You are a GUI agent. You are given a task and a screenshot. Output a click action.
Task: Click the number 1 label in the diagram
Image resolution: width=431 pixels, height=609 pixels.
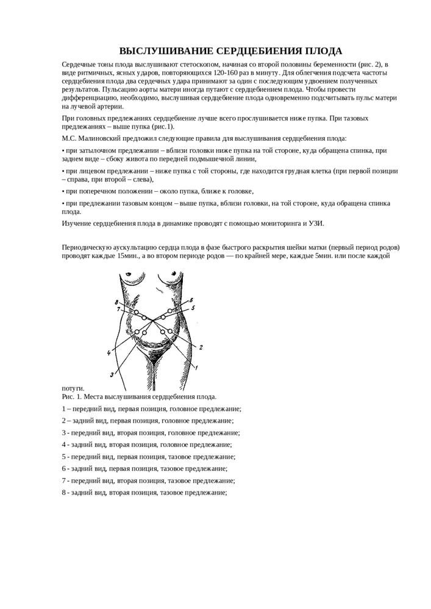[x=196, y=368]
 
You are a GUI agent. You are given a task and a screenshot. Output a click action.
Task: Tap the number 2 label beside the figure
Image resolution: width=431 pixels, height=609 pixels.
[x=201, y=347]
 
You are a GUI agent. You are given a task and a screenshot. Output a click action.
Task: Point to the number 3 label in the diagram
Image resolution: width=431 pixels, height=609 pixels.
[x=112, y=374]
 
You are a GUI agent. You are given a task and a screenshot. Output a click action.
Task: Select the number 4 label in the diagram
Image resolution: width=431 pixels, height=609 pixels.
[x=109, y=353]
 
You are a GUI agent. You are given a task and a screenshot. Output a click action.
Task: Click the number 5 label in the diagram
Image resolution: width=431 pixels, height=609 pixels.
[x=192, y=309]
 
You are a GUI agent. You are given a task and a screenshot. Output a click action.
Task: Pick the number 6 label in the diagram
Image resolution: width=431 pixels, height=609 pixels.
[x=191, y=300]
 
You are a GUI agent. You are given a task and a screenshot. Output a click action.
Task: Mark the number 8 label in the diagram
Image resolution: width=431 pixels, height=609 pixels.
[x=116, y=302]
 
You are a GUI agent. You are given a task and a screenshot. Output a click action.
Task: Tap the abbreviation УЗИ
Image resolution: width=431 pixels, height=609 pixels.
[x=316, y=223]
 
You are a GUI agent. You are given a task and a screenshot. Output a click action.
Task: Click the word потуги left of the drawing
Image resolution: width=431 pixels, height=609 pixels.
[x=73, y=388]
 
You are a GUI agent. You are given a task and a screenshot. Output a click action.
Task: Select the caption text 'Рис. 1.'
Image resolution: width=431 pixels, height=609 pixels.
[x=74, y=396]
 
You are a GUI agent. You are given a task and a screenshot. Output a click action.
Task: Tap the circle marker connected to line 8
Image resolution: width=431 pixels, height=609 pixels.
[x=137, y=313]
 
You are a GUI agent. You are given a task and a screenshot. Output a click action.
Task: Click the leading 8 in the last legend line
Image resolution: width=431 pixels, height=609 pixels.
[x=64, y=492]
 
